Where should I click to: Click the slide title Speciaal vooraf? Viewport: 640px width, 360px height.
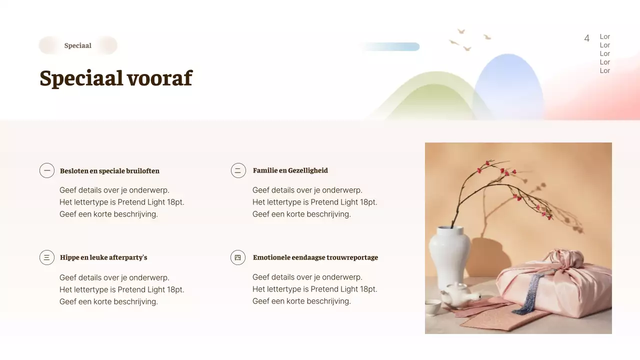pos(115,78)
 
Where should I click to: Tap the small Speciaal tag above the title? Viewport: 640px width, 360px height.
pos(77,45)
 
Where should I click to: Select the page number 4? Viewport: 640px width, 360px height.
pos(586,38)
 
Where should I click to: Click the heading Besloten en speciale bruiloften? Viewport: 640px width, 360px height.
pos(109,171)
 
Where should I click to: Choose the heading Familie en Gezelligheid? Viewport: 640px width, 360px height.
pos(290,170)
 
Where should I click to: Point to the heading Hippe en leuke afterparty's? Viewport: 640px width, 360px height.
pos(103,257)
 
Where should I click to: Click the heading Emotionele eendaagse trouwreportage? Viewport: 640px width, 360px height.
pos(315,257)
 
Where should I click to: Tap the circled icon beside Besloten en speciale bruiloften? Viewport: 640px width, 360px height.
pos(47,170)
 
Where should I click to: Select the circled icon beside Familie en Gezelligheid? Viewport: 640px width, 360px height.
pos(238,170)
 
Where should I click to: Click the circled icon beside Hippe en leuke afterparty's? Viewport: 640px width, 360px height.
pos(47,257)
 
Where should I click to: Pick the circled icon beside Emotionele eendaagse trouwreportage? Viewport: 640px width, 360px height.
pos(238,257)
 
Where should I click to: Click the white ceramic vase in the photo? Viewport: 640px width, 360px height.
pos(449,255)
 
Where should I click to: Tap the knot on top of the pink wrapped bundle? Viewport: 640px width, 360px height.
pos(567,258)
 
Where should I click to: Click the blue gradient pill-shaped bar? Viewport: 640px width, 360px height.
pos(390,46)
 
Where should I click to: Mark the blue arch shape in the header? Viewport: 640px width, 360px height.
pos(508,85)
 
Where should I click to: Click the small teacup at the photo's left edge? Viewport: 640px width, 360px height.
pos(432,306)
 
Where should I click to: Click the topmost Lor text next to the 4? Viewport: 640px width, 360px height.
pos(604,36)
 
